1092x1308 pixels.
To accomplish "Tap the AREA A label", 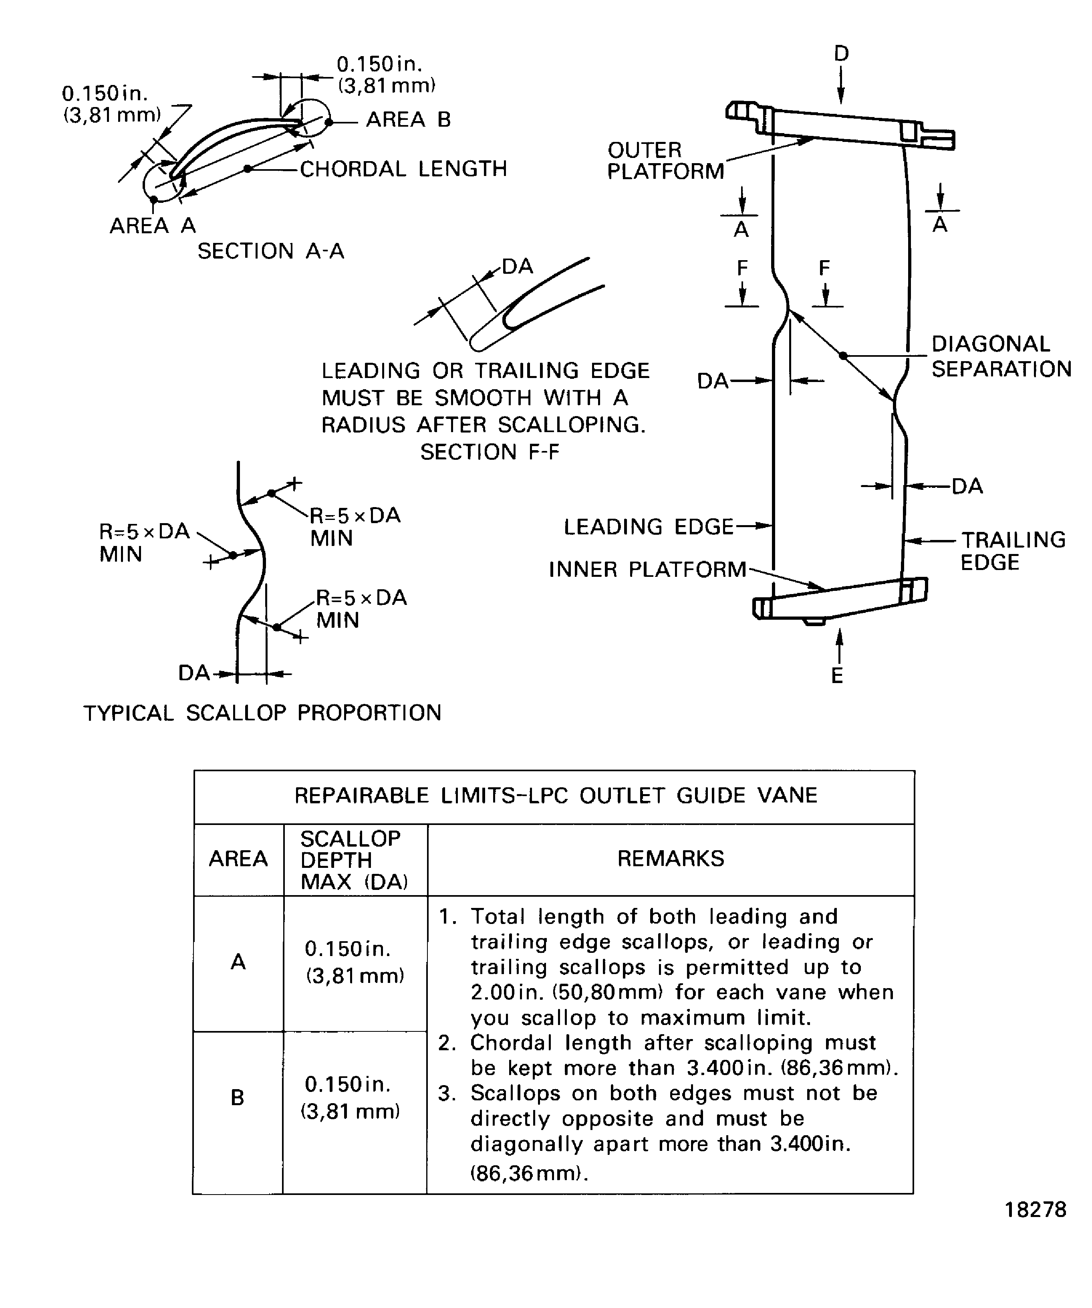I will tap(153, 225).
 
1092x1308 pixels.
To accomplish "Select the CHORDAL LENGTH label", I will tap(403, 169).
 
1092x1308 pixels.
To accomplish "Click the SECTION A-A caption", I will tap(271, 251).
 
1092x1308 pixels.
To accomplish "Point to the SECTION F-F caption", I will tap(490, 452).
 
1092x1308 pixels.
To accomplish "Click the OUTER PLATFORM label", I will tap(665, 161).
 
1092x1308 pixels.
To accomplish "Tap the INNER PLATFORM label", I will tap(647, 569).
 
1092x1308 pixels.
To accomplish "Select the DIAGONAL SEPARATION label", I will tap(1001, 356).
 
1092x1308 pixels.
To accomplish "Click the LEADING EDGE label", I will tap(649, 527).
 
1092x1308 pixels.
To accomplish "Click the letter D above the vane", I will tap(841, 54).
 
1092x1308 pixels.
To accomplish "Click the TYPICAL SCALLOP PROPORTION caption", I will tap(262, 713).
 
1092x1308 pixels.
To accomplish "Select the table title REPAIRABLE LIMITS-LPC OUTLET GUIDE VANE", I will tap(555, 795).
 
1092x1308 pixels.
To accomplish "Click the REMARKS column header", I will tap(671, 858).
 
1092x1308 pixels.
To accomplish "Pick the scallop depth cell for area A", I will tap(354, 962).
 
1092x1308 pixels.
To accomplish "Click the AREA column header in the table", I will tap(238, 858).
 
